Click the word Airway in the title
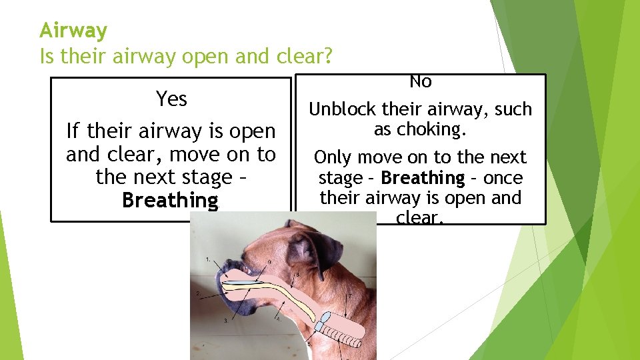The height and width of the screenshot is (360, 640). tap(73, 31)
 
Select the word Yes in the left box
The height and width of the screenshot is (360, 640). tap(171, 99)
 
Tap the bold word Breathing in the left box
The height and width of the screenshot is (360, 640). tap(170, 200)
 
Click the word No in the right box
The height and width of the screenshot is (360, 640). tap(421, 82)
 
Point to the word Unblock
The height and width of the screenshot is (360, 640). tap(342, 109)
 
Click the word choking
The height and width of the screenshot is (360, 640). tap(434, 129)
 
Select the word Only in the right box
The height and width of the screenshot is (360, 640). tap(331, 158)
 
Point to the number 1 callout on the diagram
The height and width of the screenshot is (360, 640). tap(209, 257)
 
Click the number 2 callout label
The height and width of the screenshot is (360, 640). tap(197, 293)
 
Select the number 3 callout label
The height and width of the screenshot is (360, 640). tap(226, 321)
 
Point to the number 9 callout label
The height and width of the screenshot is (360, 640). tap(269, 260)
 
